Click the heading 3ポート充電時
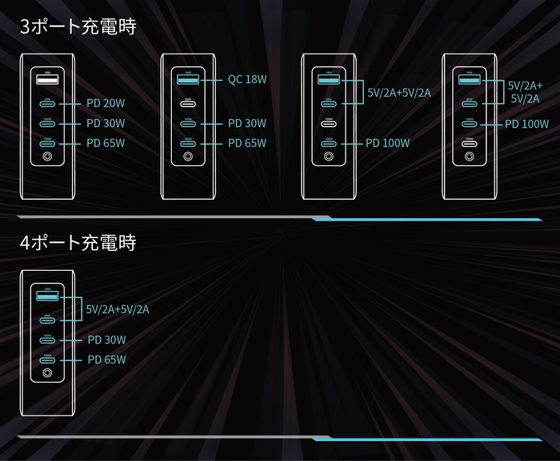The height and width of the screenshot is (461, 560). click(78, 26)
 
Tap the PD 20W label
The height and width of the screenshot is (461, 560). click(106, 103)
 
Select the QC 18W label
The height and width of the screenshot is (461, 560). click(247, 80)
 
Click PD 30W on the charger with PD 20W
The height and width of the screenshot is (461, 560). click(106, 124)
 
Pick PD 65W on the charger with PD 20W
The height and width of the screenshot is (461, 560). click(106, 144)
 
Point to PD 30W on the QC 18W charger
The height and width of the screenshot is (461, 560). click(247, 124)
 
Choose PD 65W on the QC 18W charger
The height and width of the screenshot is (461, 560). click(247, 144)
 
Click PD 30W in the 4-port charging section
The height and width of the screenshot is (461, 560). click(106, 340)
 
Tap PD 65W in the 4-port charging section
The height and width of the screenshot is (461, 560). click(106, 360)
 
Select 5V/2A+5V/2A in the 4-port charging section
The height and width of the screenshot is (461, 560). click(118, 308)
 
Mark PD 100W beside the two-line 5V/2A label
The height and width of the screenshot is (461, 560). click(526, 124)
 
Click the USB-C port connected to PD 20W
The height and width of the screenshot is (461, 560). click(46, 103)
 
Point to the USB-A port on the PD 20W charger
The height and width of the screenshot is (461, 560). click(46, 80)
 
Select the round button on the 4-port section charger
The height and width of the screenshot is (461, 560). click(47, 373)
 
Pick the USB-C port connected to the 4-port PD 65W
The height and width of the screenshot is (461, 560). click(47, 360)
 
